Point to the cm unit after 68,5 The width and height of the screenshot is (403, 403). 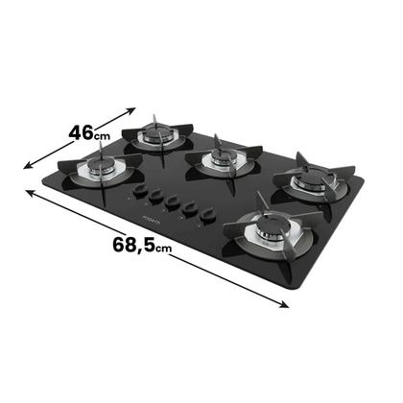click(x=165, y=249)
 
